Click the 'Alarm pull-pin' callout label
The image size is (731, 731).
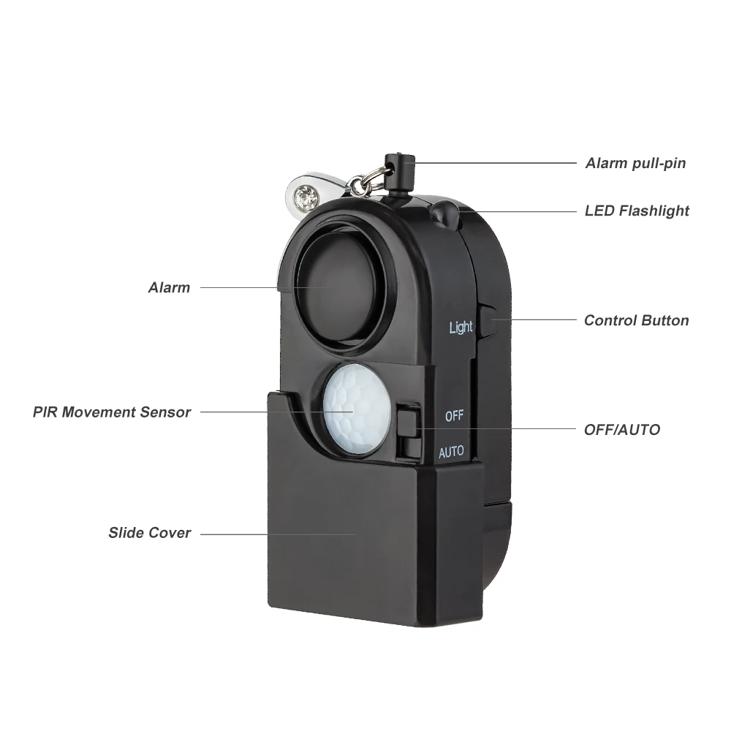coord(635,163)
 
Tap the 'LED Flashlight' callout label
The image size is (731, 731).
coord(637,211)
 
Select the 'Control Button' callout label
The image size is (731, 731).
coord(636,320)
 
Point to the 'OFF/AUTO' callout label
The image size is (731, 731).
coord(621,430)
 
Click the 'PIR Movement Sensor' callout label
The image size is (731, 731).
coord(112,412)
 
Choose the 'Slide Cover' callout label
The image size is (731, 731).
coord(150,533)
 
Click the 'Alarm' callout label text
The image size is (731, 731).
coord(169,287)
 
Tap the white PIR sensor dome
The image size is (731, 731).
coord(357,408)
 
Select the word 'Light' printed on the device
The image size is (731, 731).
coord(461,327)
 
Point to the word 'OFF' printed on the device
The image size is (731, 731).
coord(454,416)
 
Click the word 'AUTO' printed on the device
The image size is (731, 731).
coord(451,452)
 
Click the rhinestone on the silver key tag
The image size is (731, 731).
coord(303,195)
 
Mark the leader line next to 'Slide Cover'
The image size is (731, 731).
coord(278,534)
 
